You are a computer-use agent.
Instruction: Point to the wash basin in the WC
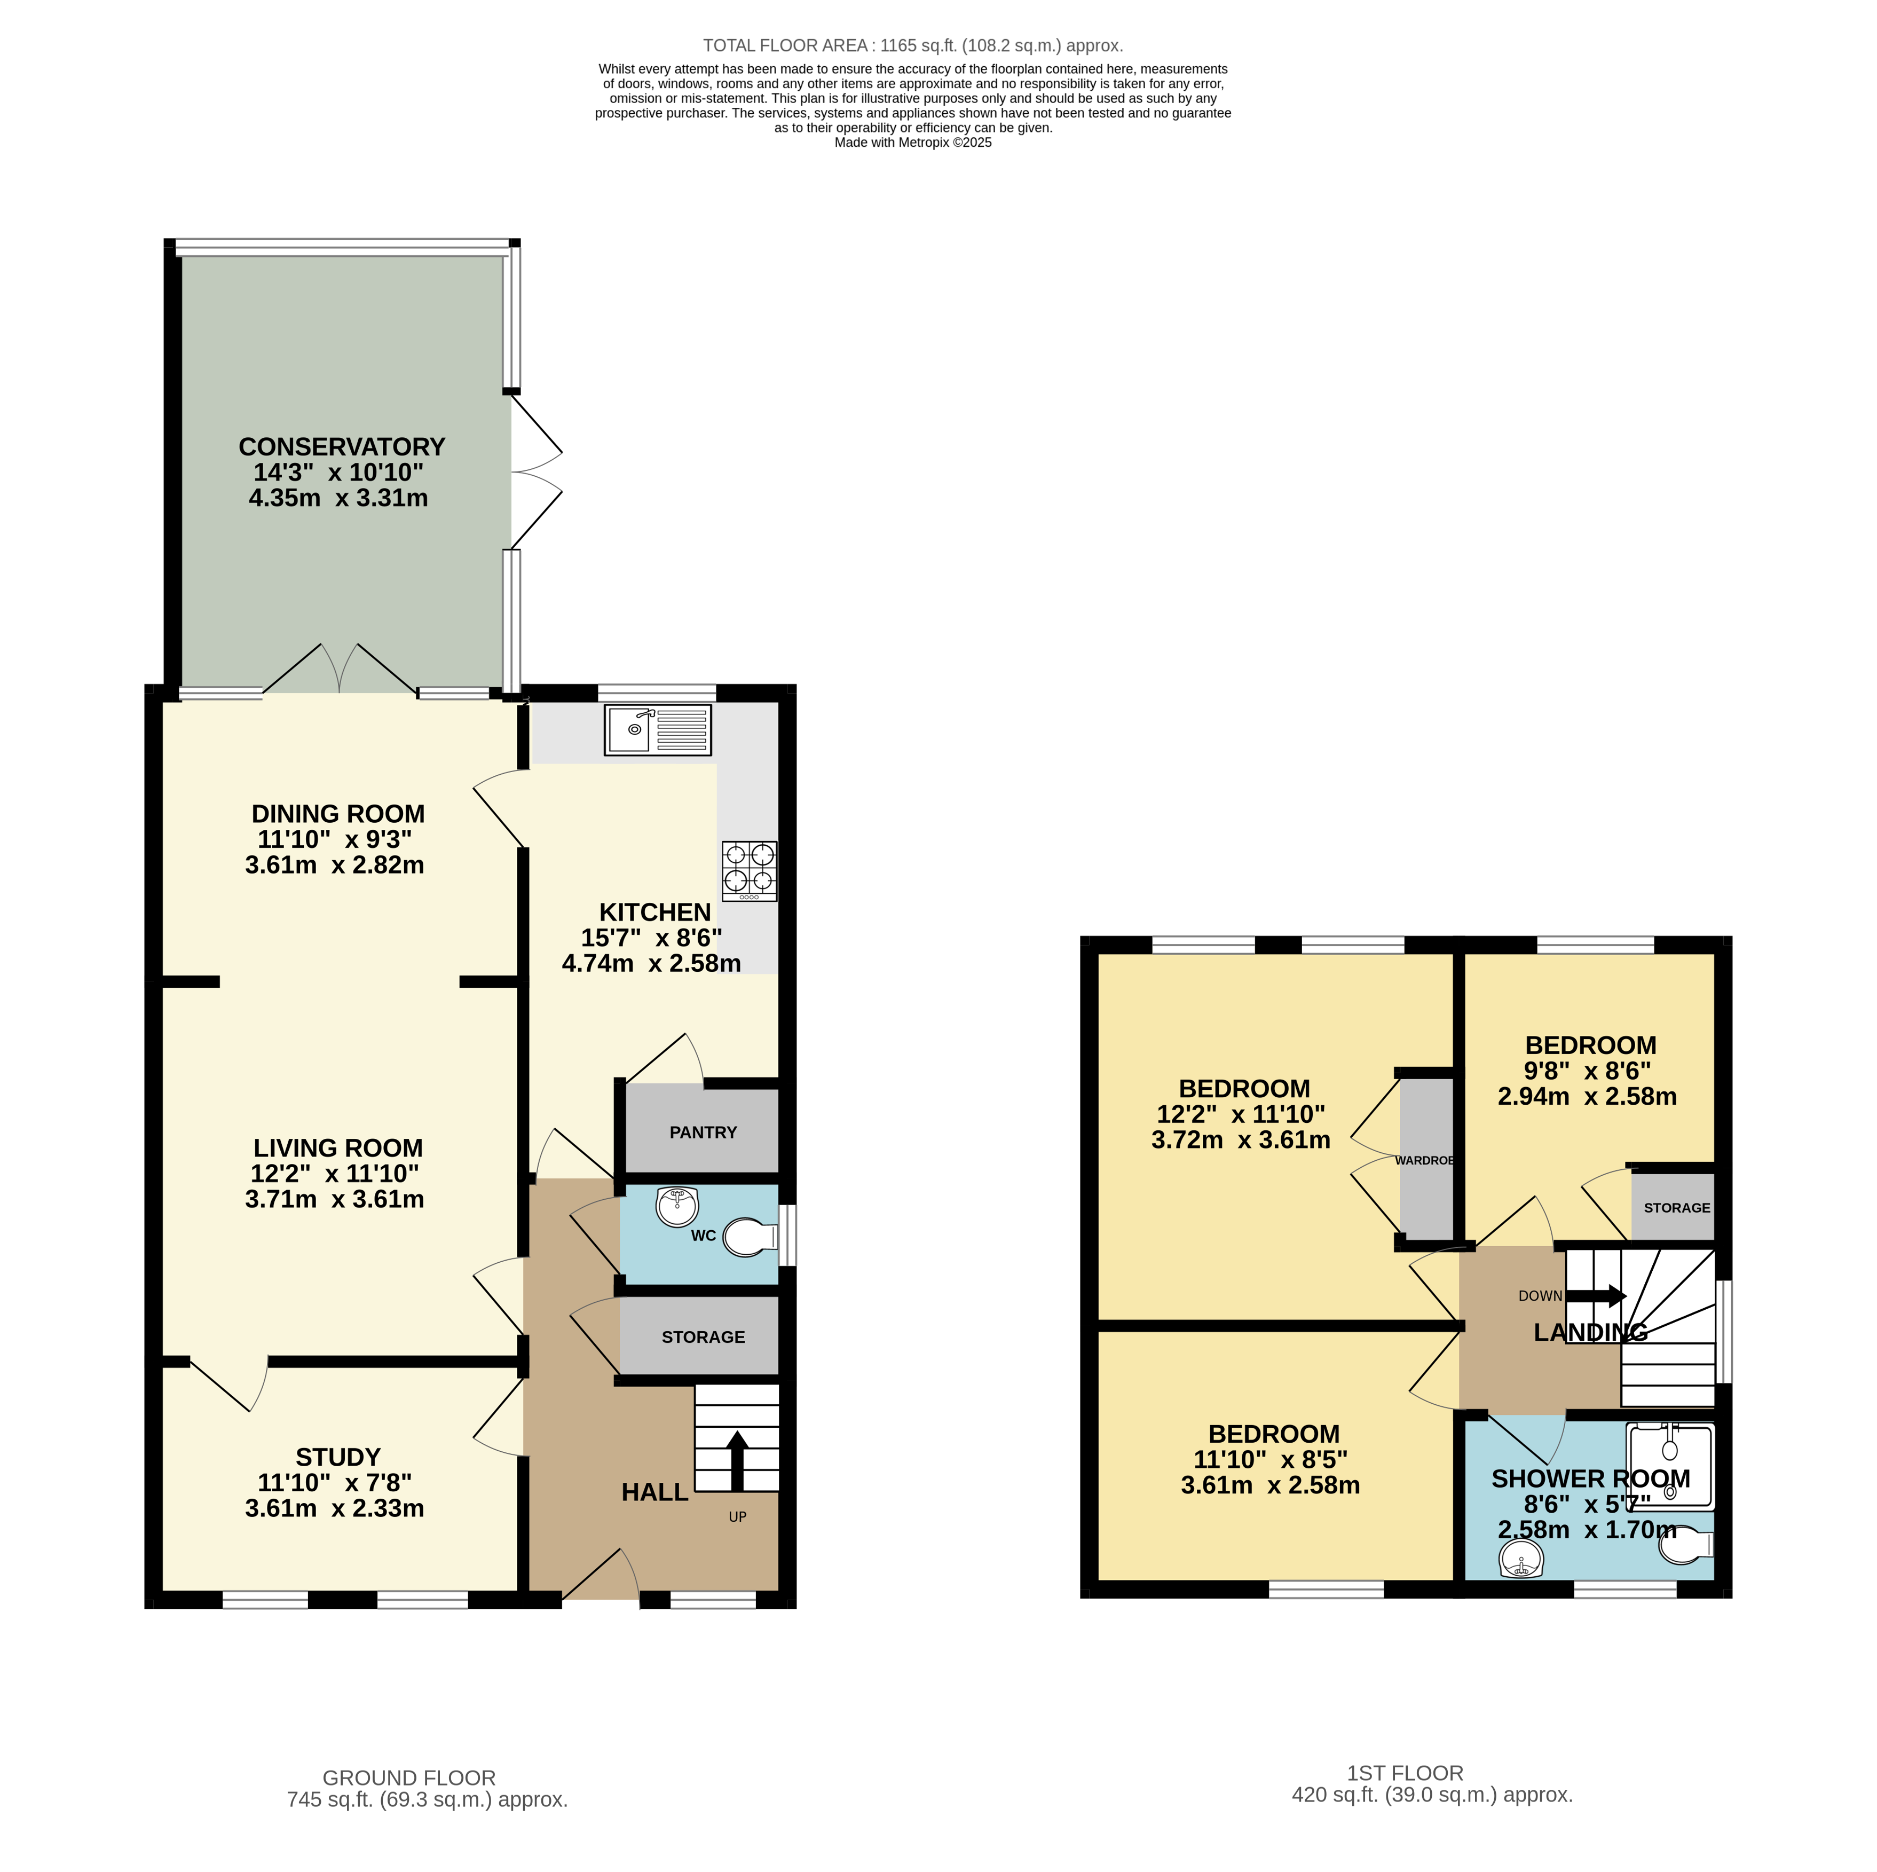point(677,1207)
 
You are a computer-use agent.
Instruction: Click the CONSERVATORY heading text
point(342,447)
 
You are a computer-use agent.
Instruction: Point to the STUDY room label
point(338,1457)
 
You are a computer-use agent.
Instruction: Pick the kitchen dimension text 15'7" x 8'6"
point(651,938)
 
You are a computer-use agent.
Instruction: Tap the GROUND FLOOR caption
point(409,1778)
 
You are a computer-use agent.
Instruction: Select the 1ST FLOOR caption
point(1405,1773)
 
